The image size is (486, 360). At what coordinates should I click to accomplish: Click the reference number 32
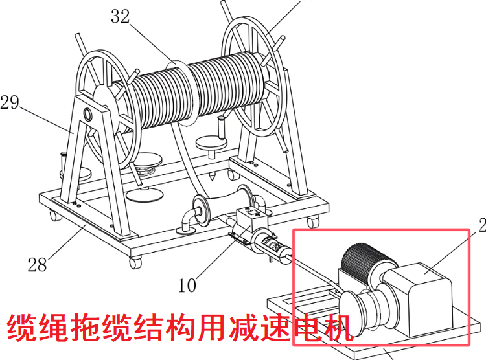pos(121,17)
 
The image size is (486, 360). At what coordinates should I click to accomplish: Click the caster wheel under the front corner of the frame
pos(135,262)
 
